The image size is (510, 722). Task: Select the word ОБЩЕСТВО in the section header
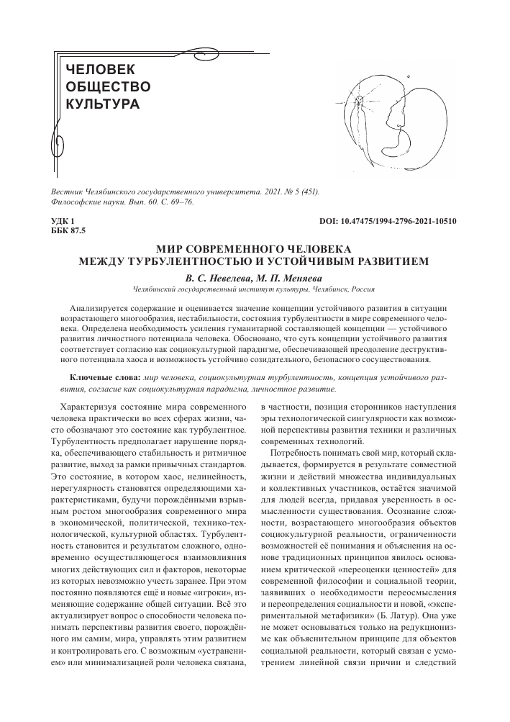[108, 87]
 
